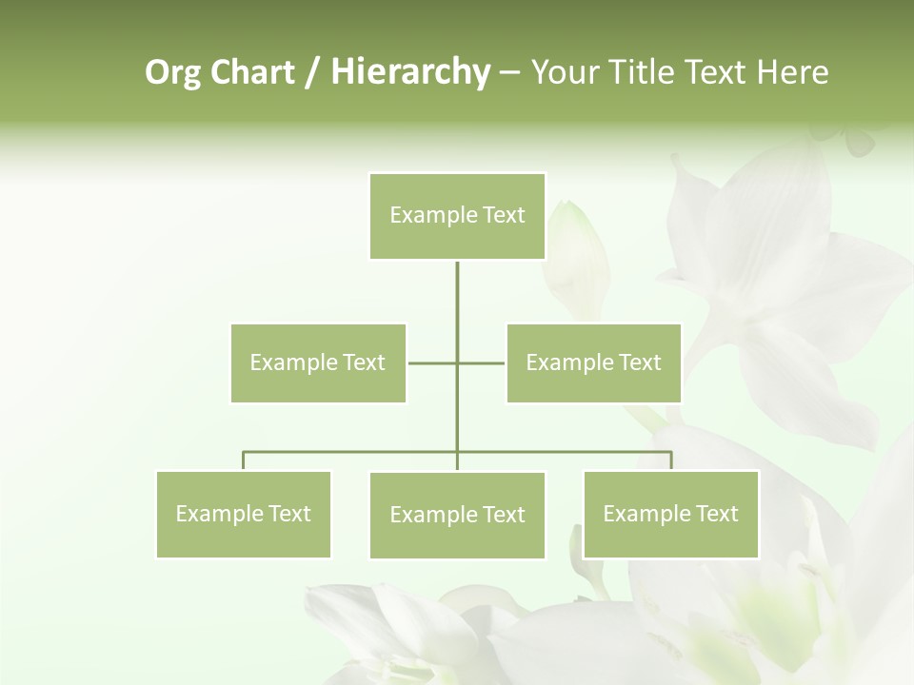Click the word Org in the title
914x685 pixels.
coord(172,72)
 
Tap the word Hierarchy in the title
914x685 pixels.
coord(409,72)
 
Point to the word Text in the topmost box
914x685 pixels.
coord(503,216)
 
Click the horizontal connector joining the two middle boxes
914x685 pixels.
coord(433,362)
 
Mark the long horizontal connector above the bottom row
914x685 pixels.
coord(352,452)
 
